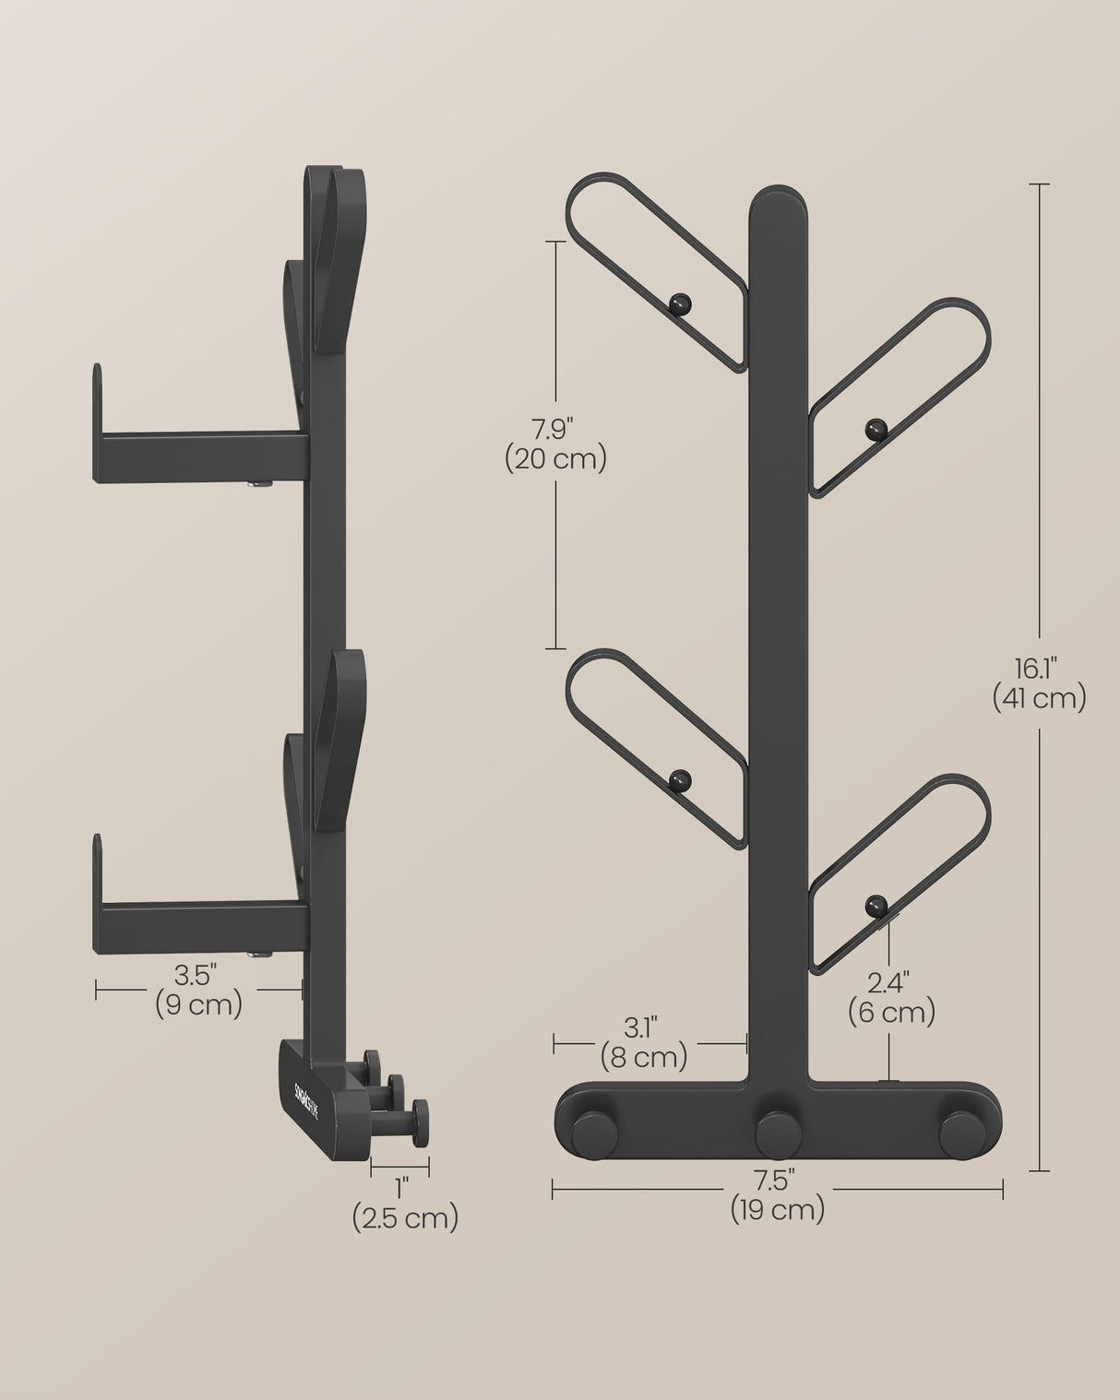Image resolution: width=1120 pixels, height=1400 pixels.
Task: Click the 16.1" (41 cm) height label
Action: (x=1039, y=682)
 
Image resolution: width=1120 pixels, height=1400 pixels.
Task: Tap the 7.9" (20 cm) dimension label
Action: (x=555, y=444)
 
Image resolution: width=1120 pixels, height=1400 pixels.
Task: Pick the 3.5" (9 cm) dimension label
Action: (x=198, y=989)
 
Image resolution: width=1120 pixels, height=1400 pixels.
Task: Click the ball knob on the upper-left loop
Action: (x=680, y=302)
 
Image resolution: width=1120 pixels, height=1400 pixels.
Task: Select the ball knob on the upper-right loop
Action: (x=874, y=428)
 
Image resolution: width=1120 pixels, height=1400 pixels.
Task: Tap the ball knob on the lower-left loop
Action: (x=680, y=780)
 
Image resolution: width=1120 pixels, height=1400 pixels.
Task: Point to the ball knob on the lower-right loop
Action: (x=874, y=906)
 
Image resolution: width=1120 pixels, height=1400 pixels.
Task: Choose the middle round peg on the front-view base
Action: (x=777, y=1133)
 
